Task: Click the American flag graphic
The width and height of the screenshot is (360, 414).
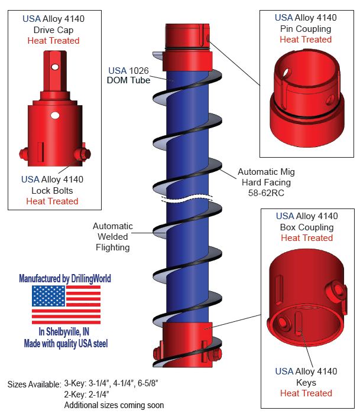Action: tap(66, 305)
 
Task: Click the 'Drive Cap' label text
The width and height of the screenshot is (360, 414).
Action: tap(53, 30)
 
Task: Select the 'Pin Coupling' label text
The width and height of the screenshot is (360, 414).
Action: tap(305, 28)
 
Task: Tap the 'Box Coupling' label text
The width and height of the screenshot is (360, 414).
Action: tap(306, 227)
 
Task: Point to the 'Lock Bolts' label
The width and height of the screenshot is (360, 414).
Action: tap(52, 190)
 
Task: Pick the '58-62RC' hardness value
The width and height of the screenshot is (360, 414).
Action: tap(266, 193)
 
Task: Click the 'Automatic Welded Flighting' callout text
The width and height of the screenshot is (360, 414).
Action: tap(112, 237)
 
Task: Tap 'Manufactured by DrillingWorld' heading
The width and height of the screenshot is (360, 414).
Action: tap(65, 278)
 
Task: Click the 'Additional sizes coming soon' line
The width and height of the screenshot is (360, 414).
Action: tap(114, 405)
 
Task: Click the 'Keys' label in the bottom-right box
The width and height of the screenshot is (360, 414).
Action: tap(306, 382)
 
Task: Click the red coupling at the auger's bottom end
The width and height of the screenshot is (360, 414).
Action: tap(186, 343)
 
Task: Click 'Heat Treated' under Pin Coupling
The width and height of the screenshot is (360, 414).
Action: tap(306, 40)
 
